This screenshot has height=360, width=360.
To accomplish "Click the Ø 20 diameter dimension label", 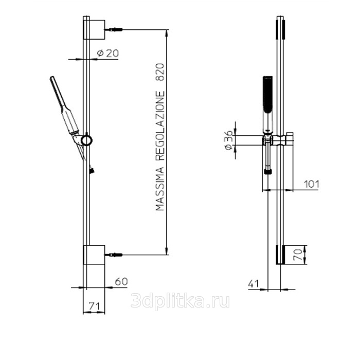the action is tap(108, 53).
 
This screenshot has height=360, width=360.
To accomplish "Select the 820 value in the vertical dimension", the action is tap(160, 72).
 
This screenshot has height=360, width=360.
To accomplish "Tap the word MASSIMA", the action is tap(160, 189).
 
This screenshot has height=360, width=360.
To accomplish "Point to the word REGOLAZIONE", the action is tap(160, 126).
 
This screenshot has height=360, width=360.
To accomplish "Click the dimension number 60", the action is tap(121, 281).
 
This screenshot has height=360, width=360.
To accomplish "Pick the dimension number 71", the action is tap(94, 307).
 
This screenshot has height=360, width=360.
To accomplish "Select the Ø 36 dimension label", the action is tap(229, 140).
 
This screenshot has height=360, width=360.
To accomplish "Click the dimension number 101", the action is tap(312, 184).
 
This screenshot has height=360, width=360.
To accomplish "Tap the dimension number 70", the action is tap(298, 255).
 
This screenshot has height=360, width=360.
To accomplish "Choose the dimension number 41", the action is tap(254, 284).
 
